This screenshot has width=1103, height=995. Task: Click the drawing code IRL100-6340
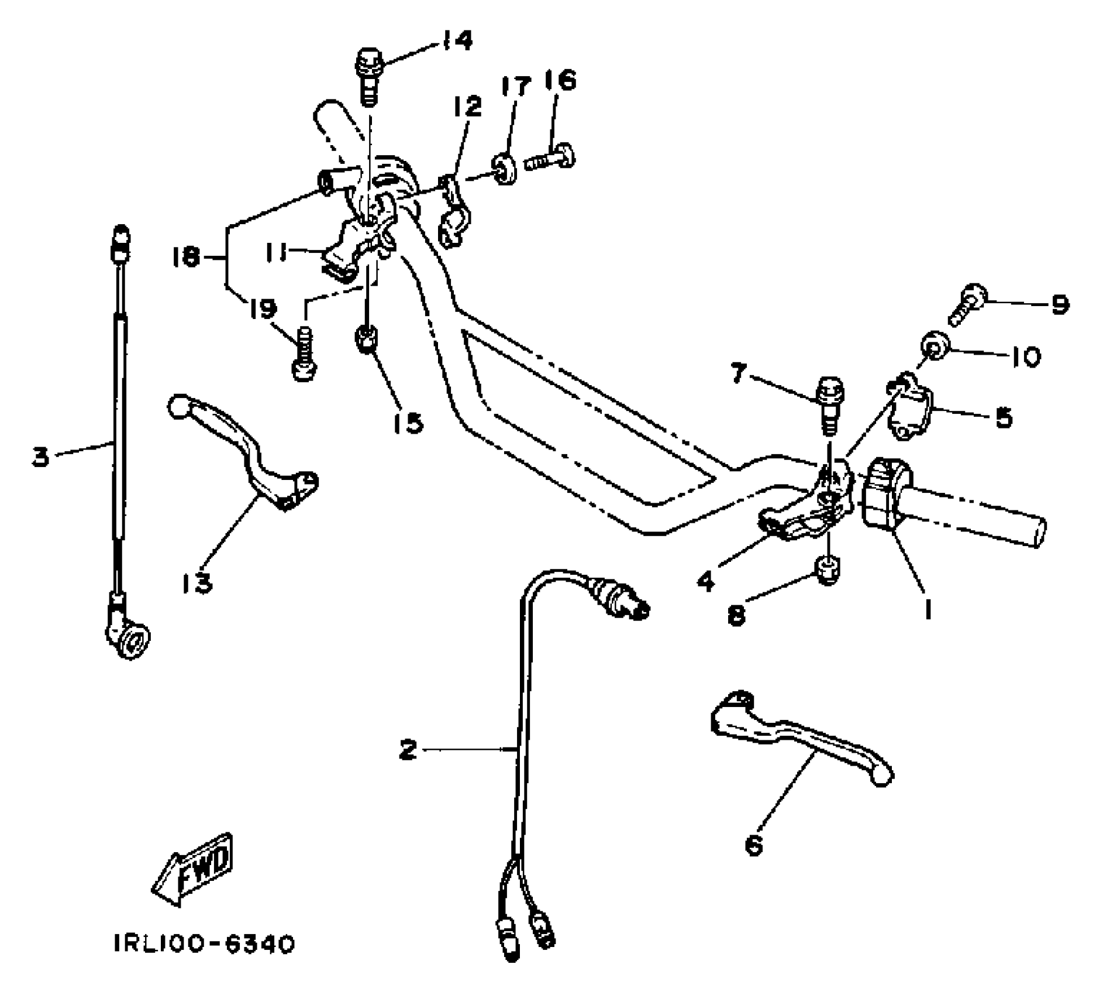coord(204,944)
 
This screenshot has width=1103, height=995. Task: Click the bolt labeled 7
coord(829,403)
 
